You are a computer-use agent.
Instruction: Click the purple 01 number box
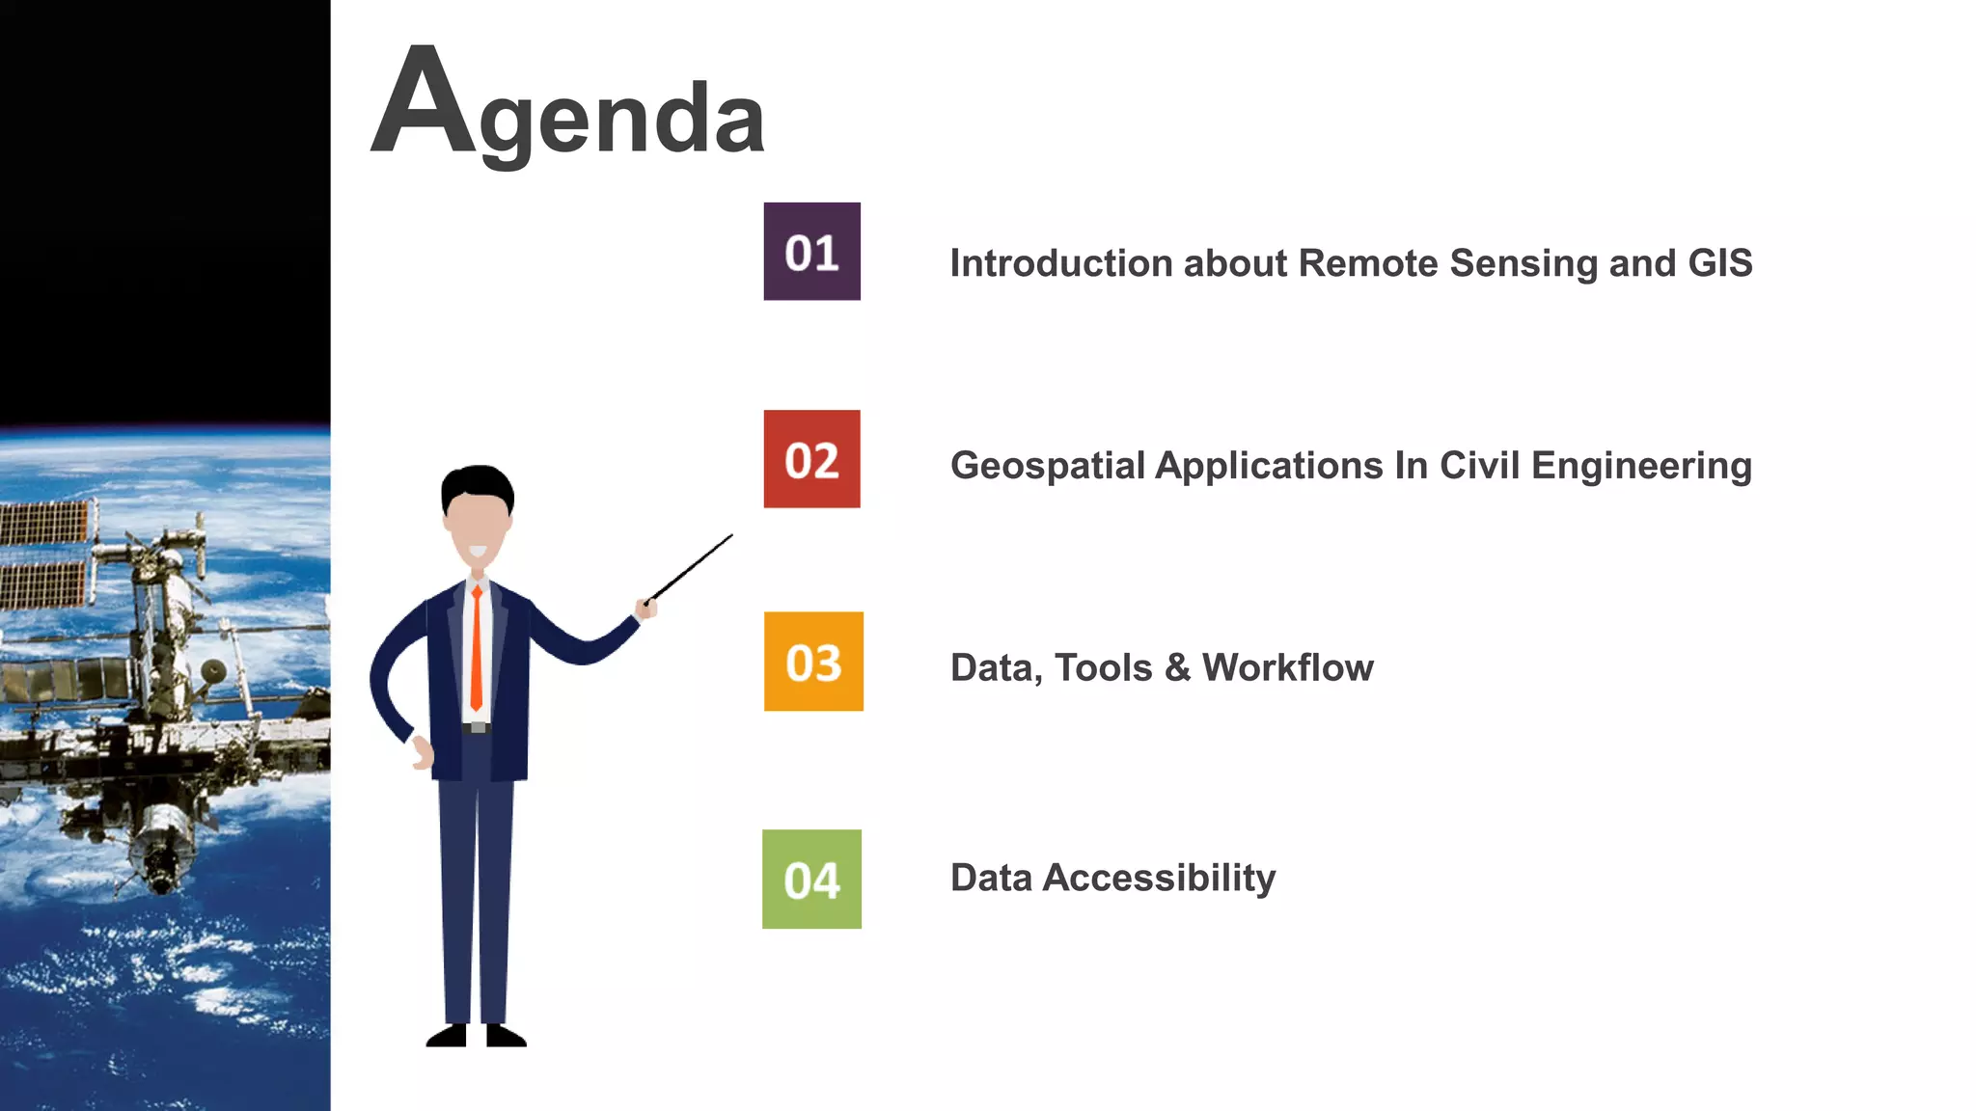pyautogui.click(x=811, y=252)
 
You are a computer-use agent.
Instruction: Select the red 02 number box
pyautogui.click(x=811, y=459)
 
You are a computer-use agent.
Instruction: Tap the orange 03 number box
pyautogui.click(x=813, y=662)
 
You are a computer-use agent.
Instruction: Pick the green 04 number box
pyautogui.click(x=811, y=880)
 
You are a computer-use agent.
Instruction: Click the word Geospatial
pyautogui.click(x=1048, y=467)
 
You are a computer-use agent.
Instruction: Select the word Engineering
pyautogui.click(x=1640, y=467)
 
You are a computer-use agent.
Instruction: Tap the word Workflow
pyautogui.click(x=1287, y=667)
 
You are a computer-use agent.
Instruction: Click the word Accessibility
pyautogui.click(x=1159, y=879)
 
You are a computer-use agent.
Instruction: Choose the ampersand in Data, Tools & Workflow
pyautogui.click(x=1177, y=667)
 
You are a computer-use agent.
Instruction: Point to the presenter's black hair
pyautogui.click(x=477, y=482)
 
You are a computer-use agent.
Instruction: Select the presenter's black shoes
pyautogui.click(x=476, y=1037)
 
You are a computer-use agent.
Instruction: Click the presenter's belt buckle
pyautogui.click(x=477, y=728)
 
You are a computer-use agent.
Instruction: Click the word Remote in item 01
pyautogui.click(x=1367, y=263)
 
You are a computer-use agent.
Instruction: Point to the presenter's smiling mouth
pyautogui.click(x=477, y=553)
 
